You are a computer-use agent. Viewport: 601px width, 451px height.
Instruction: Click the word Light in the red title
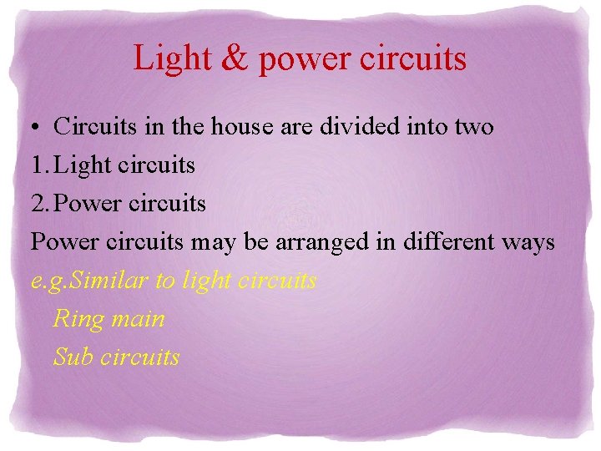pyautogui.click(x=169, y=58)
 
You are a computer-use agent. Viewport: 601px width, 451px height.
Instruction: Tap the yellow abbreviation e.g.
pyautogui.click(x=49, y=281)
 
